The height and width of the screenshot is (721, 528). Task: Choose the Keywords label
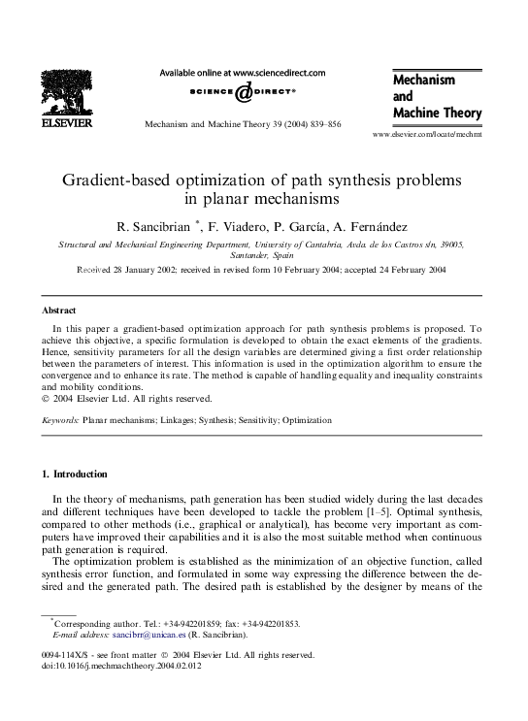60,421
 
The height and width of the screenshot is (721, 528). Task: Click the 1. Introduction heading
77,474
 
